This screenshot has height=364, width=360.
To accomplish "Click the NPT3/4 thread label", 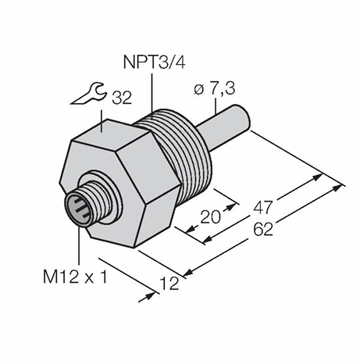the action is pos(154,62).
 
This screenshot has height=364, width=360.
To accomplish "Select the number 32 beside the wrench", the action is pos(122,98).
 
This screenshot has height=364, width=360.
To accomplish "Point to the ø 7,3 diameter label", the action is pos(215,89).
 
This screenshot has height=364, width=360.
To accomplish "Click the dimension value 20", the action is pos(210,217).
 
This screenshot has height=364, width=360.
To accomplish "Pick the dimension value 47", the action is pos(263,208).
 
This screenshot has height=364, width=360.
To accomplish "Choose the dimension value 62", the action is pos(263,230).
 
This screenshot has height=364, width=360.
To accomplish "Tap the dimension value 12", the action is pos(169,284).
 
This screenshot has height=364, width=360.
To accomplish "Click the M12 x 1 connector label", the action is pos(75,277).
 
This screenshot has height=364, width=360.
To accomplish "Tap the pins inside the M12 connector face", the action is pos(80,208).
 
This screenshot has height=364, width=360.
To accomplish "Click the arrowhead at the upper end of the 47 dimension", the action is pos(318,177).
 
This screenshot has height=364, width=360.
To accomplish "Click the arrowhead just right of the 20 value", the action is pos(230,207).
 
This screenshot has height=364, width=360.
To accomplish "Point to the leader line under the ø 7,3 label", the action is pos(216,107).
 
